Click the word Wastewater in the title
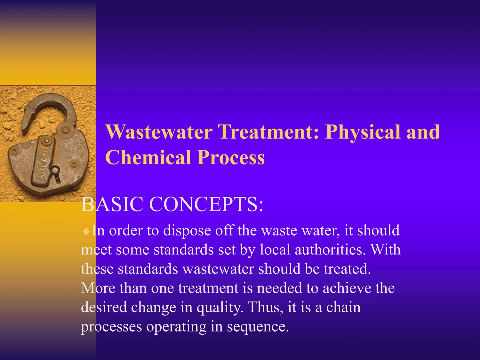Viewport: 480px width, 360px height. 159,132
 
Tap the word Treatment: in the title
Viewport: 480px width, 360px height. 268,132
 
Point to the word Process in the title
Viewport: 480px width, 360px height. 231,157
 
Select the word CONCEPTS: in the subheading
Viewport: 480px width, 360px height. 206,204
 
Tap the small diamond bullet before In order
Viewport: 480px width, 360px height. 86,231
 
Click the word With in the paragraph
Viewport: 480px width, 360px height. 385,250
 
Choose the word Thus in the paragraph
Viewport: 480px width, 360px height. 265,307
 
